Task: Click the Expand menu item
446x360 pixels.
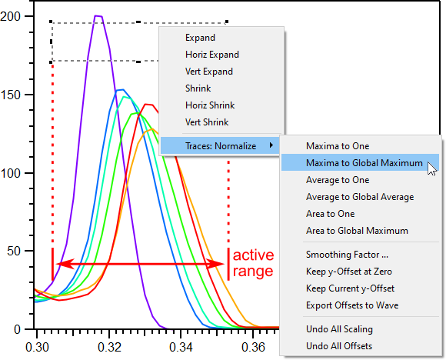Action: click(x=200, y=38)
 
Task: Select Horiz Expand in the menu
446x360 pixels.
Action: click(x=212, y=55)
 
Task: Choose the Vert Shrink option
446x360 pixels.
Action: click(x=207, y=122)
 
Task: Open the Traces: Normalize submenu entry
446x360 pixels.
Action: click(x=221, y=146)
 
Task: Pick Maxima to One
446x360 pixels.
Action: click(x=338, y=146)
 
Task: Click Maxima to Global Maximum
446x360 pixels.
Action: click(x=364, y=163)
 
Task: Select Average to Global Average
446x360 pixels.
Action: click(x=360, y=197)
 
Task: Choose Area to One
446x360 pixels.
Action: click(x=330, y=214)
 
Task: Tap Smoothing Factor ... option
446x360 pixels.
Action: click(x=347, y=255)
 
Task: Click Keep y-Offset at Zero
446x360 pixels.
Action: click(x=349, y=272)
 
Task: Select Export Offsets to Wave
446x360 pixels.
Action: click(x=352, y=305)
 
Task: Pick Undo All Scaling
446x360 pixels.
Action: click(x=339, y=329)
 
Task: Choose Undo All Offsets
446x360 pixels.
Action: click(x=339, y=346)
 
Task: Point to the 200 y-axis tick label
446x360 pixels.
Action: click(x=10, y=16)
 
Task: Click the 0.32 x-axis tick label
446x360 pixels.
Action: click(x=109, y=347)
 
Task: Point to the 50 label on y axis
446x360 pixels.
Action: click(x=14, y=251)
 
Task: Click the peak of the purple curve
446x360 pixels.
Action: click(x=98, y=16)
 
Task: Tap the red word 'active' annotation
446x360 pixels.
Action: click(x=253, y=255)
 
